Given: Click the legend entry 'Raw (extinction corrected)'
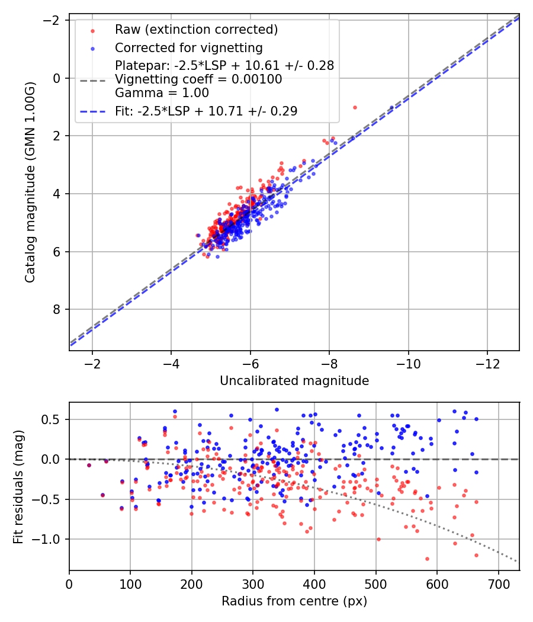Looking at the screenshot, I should (x=196, y=30).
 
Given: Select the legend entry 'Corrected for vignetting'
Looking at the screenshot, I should (x=189, y=47).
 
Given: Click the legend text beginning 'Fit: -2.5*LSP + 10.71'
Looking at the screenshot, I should (x=206, y=111).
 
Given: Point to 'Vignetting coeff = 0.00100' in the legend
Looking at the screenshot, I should (x=198, y=79).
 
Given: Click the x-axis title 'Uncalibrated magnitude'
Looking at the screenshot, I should (x=294, y=381).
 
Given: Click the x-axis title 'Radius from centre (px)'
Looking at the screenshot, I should (x=294, y=601).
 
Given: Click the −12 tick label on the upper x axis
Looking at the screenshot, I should (x=487, y=363).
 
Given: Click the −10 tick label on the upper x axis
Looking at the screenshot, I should (x=408, y=363).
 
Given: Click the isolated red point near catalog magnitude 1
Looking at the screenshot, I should (x=355, y=107).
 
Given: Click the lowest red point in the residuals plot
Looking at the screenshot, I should (x=427, y=559).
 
